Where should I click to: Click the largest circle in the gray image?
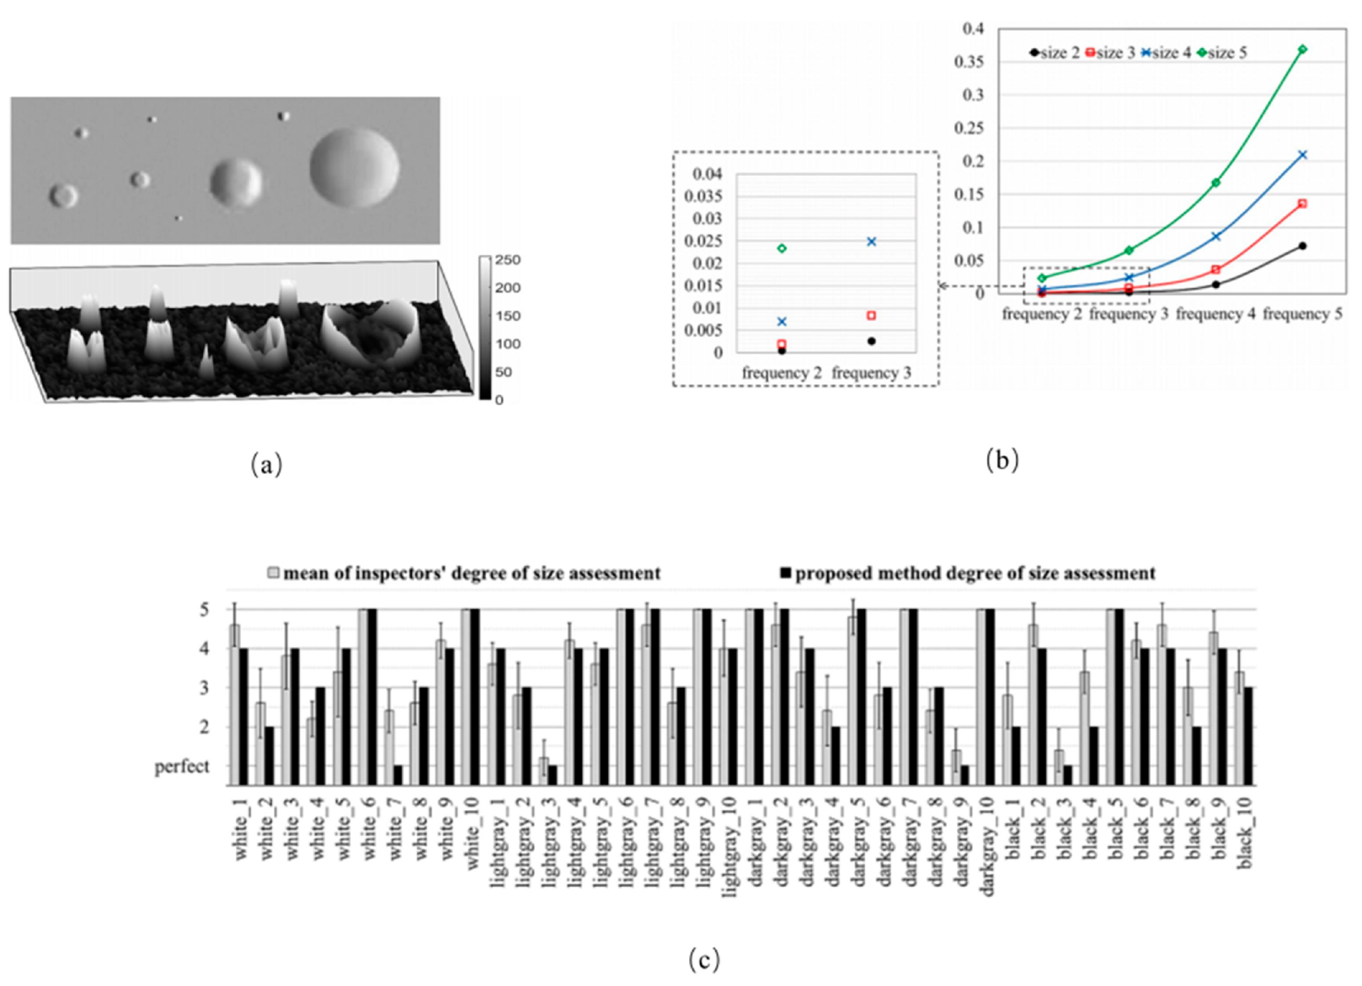(x=354, y=167)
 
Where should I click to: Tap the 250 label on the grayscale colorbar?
(x=508, y=261)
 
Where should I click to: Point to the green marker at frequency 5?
(x=1302, y=49)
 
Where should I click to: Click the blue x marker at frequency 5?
(x=1302, y=155)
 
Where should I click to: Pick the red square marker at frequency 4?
(x=1215, y=270)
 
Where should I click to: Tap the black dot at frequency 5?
(x=1302, y=246)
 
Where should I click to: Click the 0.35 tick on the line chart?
(x=971, y=62)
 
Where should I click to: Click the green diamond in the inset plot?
(x=781, y=248)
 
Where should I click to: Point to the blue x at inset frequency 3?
(x=872, y=242)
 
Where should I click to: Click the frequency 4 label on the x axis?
(x=1215, y=315)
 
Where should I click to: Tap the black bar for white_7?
(x=398, y=775)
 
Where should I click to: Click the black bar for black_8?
(x=1196, y=756)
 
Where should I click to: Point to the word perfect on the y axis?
(x=182, y=767)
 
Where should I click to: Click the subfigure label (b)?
(x=1002, y=460)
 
